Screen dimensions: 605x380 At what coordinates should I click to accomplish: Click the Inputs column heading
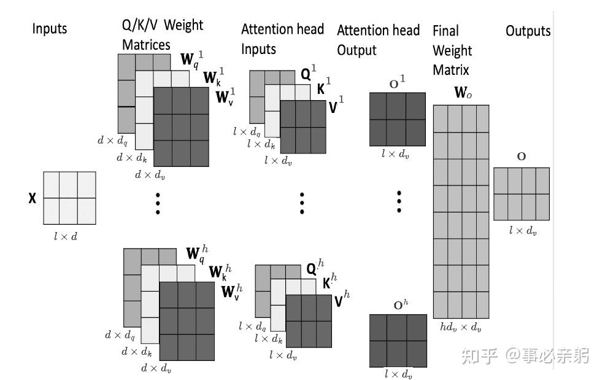click(50, 29)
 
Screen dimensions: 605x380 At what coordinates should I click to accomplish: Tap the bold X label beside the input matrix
click(32, 198)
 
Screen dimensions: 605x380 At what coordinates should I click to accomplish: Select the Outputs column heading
click(528, 31)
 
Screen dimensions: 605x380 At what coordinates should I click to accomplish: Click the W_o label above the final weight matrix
click(463, 93)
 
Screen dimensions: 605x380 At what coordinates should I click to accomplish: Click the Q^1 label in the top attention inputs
click(308, 75)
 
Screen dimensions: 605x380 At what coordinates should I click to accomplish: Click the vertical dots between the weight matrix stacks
click(158, 202)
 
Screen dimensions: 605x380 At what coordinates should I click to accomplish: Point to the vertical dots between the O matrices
click(399, 201)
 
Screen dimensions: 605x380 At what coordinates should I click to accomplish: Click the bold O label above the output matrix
click(521, 157)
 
